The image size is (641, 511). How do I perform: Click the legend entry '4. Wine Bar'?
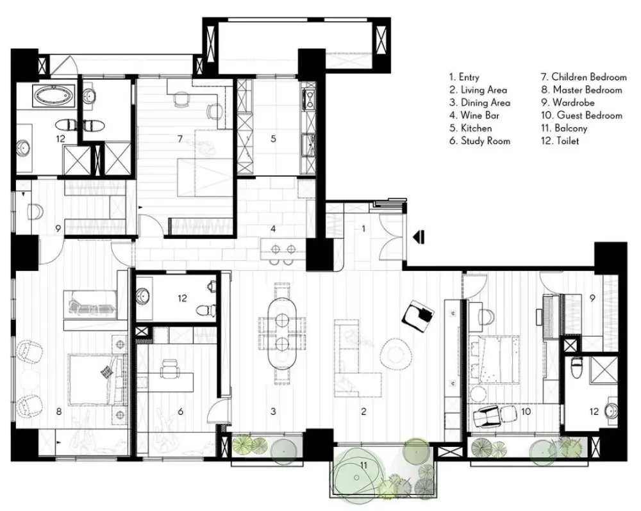[x=474, y=116]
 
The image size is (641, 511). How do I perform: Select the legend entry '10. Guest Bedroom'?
[x=581, y=116]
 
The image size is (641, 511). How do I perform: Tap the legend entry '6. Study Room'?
[x=480, y=142]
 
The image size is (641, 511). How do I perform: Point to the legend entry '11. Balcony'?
[x=564, y=129]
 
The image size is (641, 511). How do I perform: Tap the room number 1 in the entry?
[x=363, y=229]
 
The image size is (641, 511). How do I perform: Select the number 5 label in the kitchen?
[x=273, y=139]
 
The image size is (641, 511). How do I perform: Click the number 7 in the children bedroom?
[x=180, y=139]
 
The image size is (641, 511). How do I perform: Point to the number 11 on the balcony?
[x=363, y=465]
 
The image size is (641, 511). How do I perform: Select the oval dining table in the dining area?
[x=282, y=334]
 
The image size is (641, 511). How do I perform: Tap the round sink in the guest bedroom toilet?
[x=610, y=410]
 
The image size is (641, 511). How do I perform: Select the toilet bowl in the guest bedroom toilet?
[x=577, y=368]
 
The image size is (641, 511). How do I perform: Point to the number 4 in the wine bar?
[x=273, y=229]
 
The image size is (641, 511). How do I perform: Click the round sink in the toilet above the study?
[x=143, y=296]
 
